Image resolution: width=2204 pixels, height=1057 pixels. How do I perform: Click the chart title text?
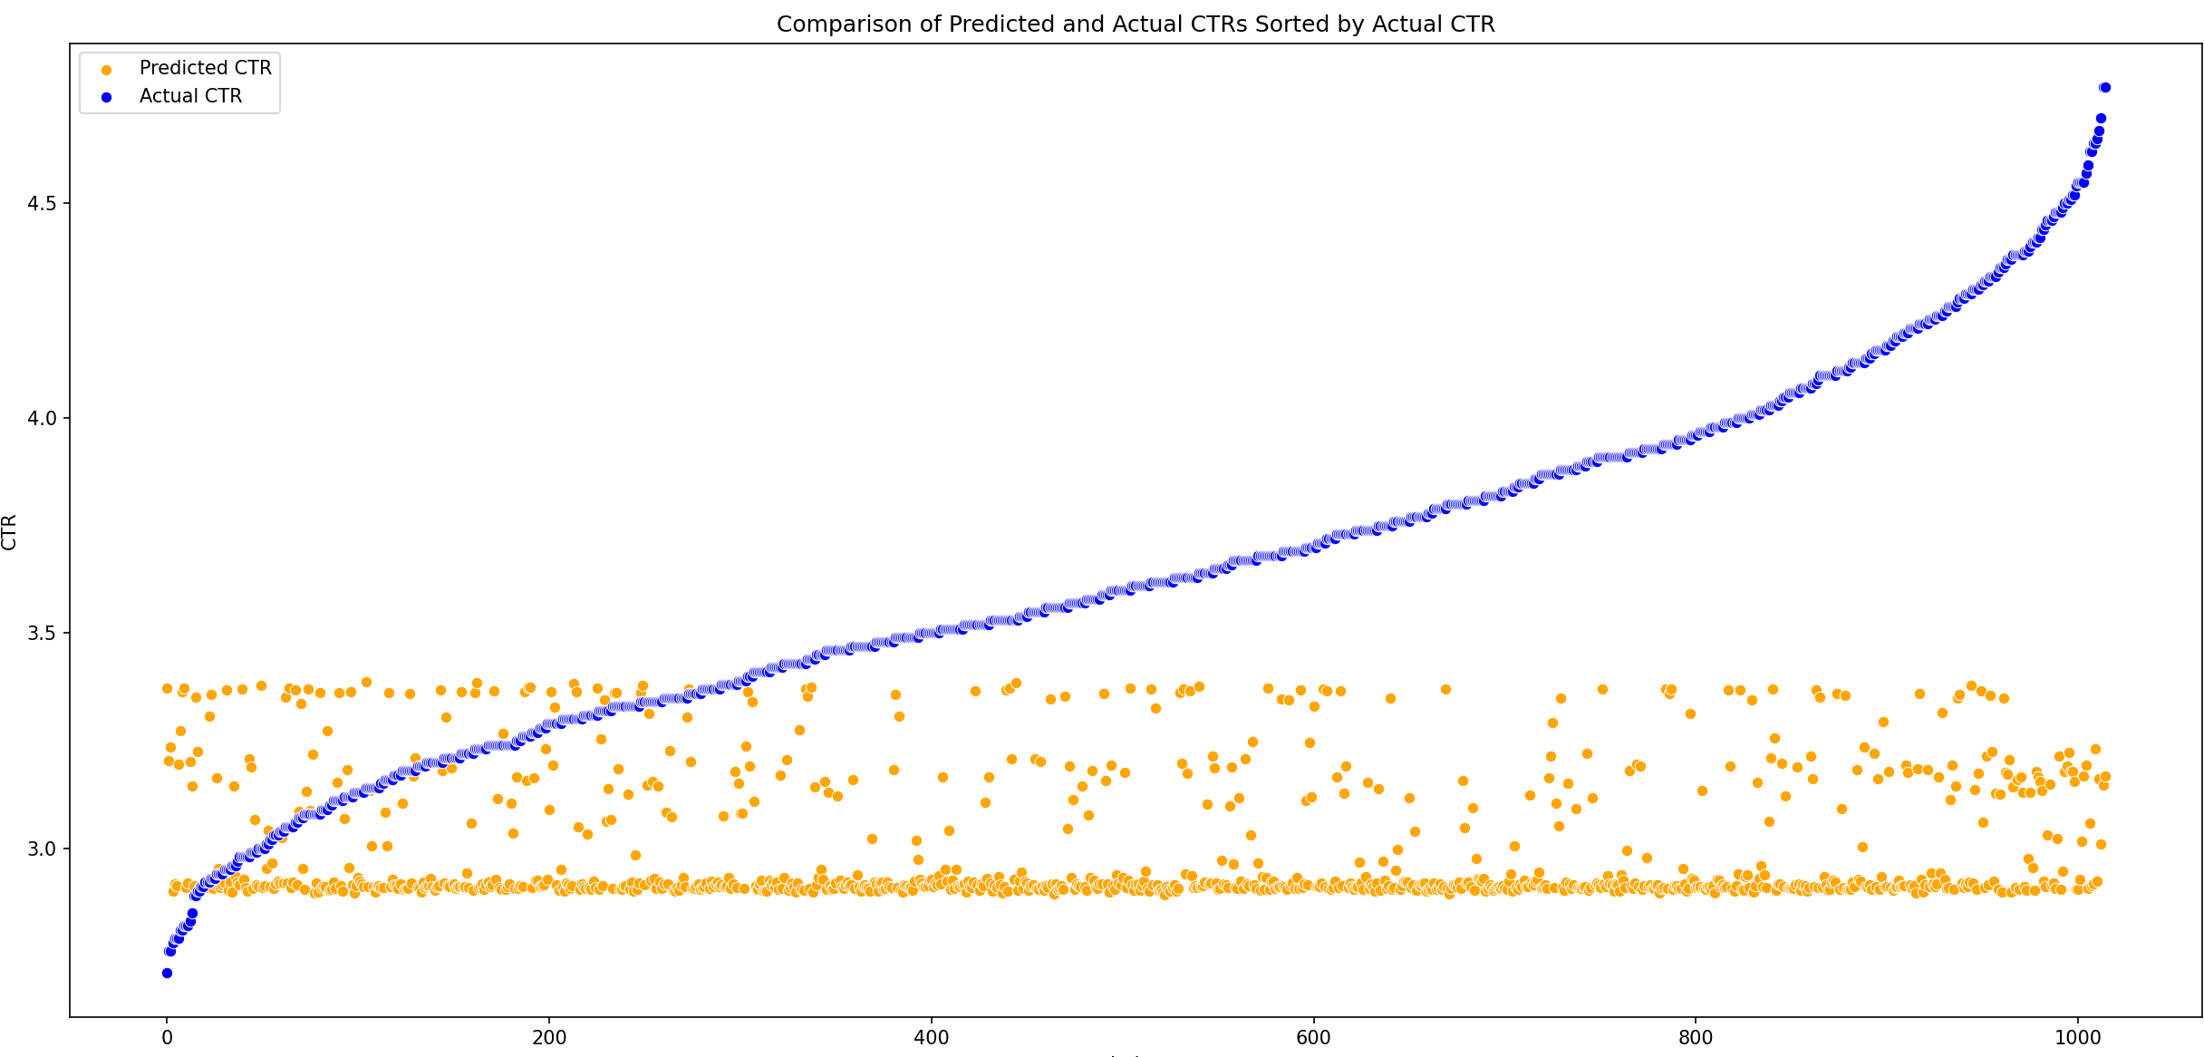tap(1136, 24)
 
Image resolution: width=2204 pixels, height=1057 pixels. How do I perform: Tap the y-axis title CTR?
tap(10, 532)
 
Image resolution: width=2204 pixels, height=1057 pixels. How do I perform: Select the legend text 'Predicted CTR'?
tap(206, 68)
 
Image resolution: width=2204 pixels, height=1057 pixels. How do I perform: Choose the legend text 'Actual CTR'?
tap(190, 96)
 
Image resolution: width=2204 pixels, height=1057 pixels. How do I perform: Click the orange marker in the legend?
tap(107, 69)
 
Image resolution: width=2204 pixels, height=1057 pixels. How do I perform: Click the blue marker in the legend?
tap(107, 97)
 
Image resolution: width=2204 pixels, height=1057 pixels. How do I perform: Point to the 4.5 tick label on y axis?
tap(42, 203)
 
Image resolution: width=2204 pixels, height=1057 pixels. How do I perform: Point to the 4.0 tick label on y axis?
tap(42, 419)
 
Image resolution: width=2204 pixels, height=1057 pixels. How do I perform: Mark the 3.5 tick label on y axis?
tap(42, 634)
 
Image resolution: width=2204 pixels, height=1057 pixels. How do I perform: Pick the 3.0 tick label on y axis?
tap(42, 849)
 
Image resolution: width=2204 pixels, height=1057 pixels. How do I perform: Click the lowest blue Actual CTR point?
tap(167, 973)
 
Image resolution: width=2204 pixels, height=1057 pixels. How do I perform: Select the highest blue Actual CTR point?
tap(2104, 87)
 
